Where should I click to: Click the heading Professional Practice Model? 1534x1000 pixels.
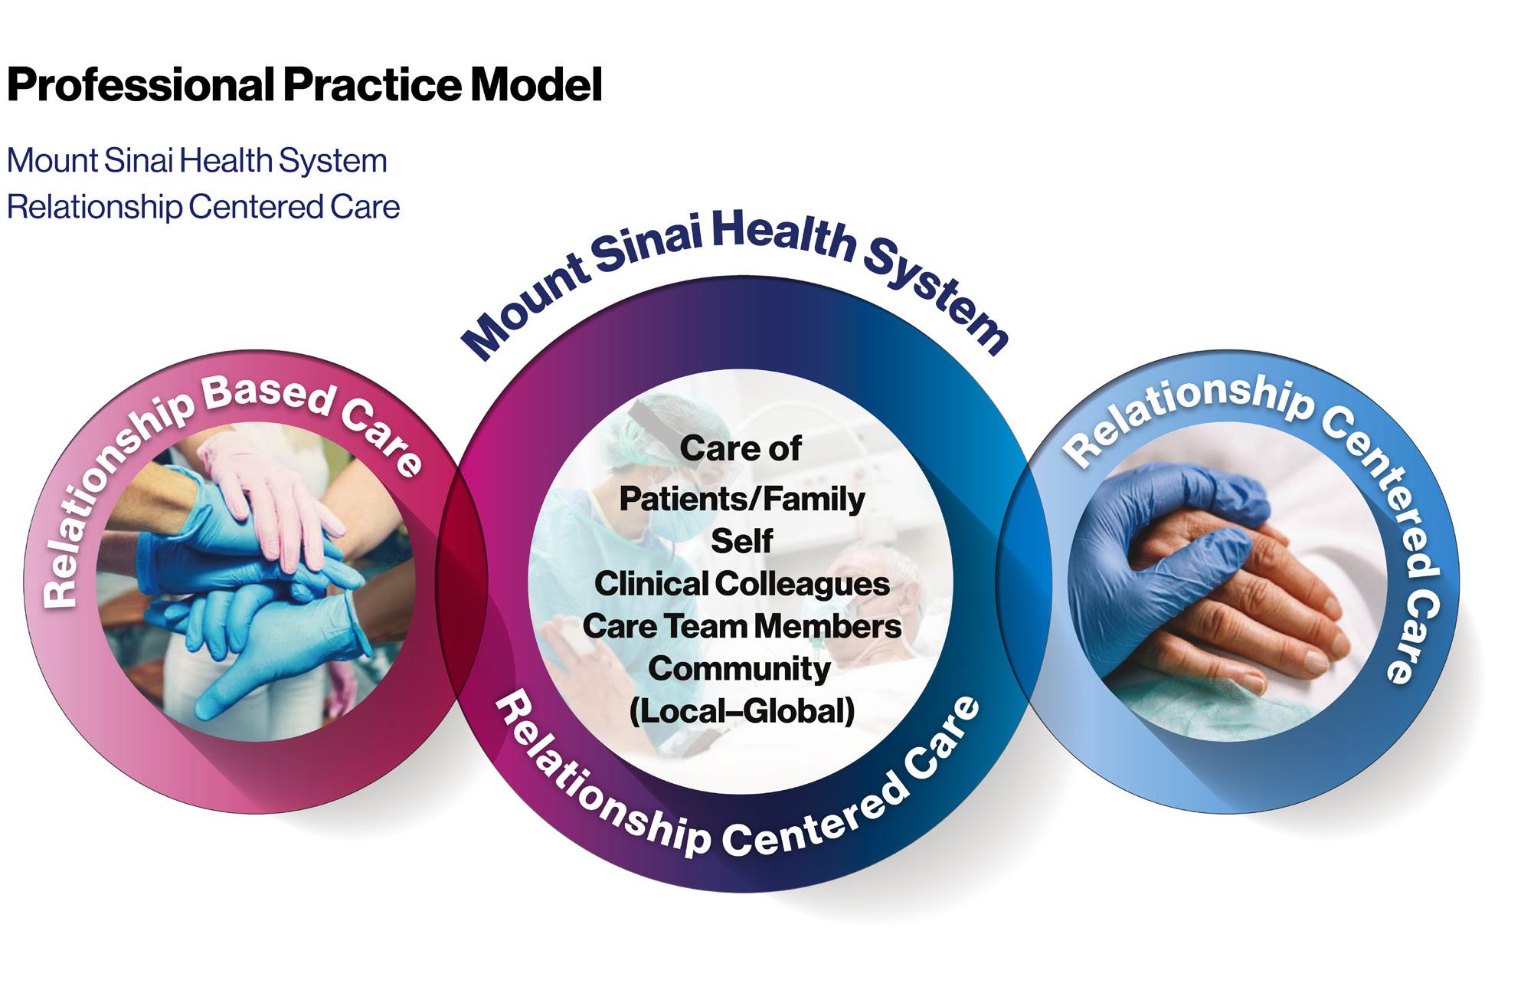(x=304, y=85)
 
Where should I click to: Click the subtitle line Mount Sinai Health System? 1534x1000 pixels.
(x=197, y=161)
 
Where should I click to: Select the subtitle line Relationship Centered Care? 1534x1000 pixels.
(x=203, y=207)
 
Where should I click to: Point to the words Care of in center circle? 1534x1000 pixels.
(x=741, y=448)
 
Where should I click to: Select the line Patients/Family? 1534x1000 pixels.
(x=741, y=499)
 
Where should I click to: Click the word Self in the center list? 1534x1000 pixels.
(x=741, y=541)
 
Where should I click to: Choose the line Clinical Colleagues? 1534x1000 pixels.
(x=741, y=584)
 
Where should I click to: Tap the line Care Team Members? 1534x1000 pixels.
(x=741, y=626)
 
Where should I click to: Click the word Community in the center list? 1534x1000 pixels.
(x=739, y=668)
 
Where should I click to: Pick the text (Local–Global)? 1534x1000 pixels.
(x=741, y=711)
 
